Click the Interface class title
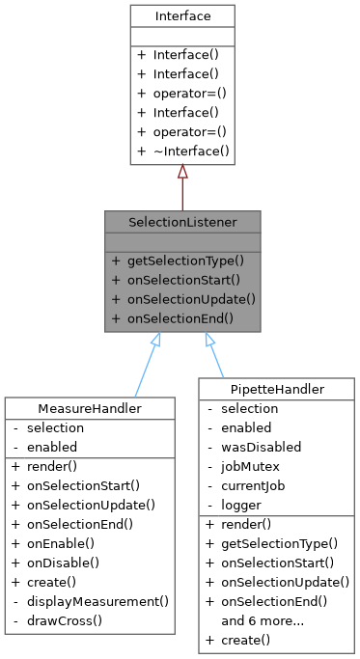[181, 16]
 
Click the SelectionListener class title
[181, 220]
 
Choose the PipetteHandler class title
[276, 389]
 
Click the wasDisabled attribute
[261, 447]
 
